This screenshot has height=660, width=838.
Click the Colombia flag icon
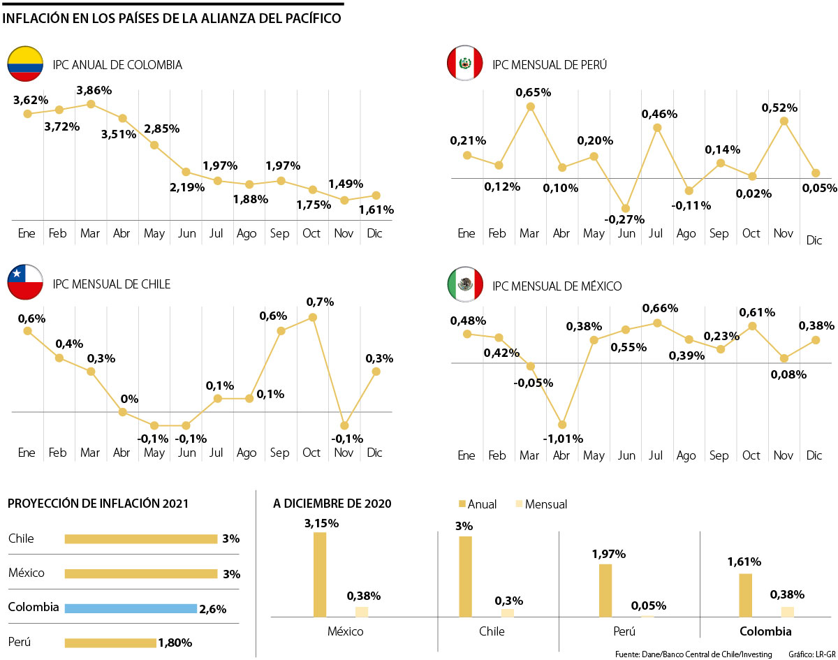pyautogui.click(x=26, y=64)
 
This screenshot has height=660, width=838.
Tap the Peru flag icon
pyautogui.click(x=465, y=64)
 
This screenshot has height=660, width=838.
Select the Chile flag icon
pyautogui.click(x=26, y=284)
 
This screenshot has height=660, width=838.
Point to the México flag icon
pyautogui.click(x=465, y=285)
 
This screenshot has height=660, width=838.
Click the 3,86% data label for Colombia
pyautogui.click(x=94, y=90)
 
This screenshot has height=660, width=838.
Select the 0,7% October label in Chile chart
pyautogui.click(x=320, y=302)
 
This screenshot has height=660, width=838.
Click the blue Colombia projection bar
pyautogui.click(x=131, y=608)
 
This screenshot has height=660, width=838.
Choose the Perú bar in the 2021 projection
pyautogui.click(x=110, y=643)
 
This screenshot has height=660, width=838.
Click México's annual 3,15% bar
pyautogui.click(x=320, y=574)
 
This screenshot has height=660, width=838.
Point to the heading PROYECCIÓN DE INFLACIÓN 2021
pyautogui.click(x=98, y=504)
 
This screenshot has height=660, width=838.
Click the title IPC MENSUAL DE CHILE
pyautogui.click(x=112, y=284)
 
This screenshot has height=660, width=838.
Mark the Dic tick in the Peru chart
pyautogui.click(x=814, y=240)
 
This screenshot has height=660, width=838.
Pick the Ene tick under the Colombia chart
pyautogui.click(x=27, y=233)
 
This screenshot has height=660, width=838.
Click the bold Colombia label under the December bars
pyautogui.click(x=765, y=631)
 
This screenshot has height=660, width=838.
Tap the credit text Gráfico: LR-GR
pyautogui.click(x=812, y=654)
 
